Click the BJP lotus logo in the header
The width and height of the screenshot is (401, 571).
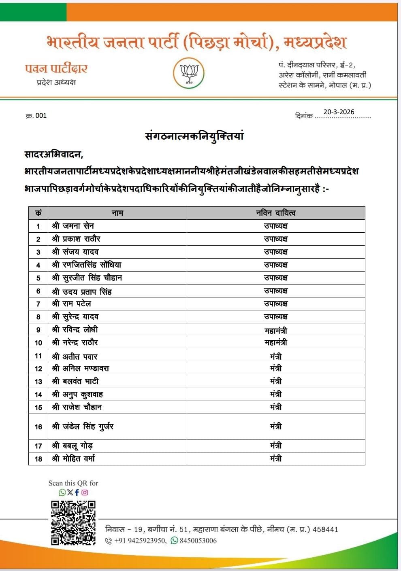click(188, 73)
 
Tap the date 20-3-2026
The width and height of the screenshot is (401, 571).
click(339, 112)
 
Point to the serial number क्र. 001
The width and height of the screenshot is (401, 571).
click(36, 116)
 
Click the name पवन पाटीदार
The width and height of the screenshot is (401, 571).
click(56, 68)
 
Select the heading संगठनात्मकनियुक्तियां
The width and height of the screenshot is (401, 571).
click(194, 136)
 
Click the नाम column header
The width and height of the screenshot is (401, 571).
click(117, 213)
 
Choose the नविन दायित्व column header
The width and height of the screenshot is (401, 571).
click(276, 213)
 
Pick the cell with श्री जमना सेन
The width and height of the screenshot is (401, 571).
click(73, 226)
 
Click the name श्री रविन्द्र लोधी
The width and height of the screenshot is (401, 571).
click(75, 329)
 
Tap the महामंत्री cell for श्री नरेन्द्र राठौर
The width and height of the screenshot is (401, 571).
click(276, 342)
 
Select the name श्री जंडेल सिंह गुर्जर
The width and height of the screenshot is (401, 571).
click(83, 426)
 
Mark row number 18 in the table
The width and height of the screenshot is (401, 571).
click(38, 458)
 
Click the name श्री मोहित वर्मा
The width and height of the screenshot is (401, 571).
click(74, 458)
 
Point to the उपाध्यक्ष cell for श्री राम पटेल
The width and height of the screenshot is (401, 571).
click(276, 304)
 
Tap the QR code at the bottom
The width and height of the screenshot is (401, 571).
click(73, 523)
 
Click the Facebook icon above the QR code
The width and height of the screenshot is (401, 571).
click(77, 492)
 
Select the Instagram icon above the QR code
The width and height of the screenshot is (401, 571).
click(85, 492)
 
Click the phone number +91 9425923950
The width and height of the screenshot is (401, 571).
click(140, 541)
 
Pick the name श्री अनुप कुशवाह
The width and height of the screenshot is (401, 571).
click(77, 394)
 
